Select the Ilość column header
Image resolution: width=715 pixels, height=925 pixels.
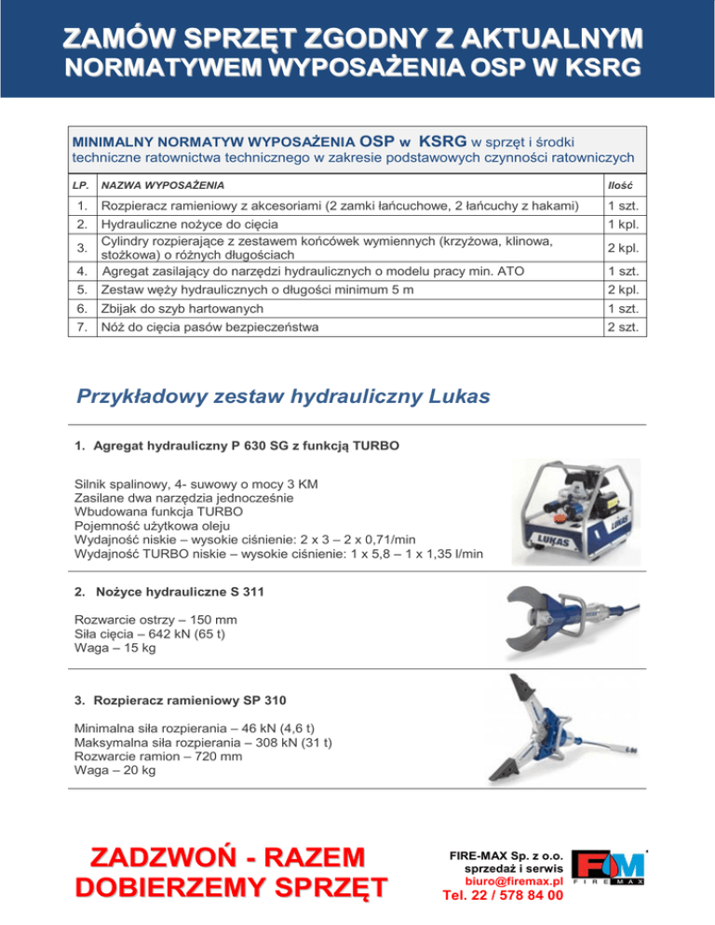point(620,186)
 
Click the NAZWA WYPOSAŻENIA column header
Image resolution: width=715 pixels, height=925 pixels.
point(163,186)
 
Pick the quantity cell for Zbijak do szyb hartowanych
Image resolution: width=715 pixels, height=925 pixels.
point(621,308)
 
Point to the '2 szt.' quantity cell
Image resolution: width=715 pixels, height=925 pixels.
point(621,327)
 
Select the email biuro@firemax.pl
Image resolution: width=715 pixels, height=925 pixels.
point(514,879)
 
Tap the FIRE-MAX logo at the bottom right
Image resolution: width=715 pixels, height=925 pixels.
point(608,865)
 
